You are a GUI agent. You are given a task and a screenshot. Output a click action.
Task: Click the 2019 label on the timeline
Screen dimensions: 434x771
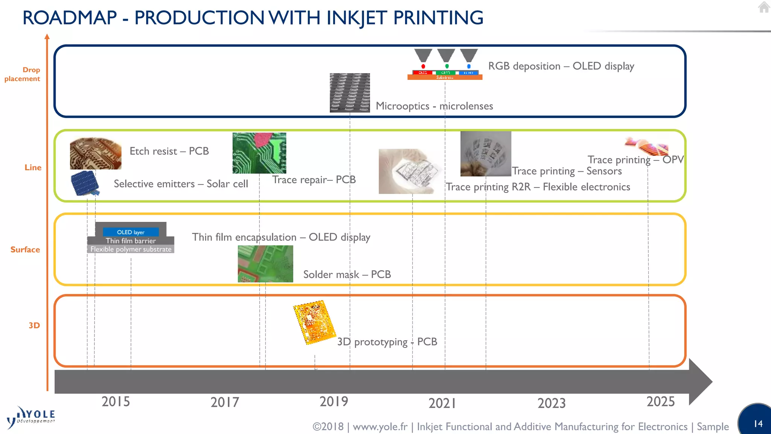click(x=334, y=402)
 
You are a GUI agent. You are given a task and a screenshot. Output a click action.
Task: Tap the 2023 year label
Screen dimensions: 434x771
click(x=551, y=403)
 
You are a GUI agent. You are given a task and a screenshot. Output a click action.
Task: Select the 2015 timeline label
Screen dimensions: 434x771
click(x=116, y=402)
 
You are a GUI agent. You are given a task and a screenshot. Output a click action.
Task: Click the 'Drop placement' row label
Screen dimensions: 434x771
click(x=23, y=74)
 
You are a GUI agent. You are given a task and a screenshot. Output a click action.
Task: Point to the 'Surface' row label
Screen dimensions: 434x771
click(x=25, y=249)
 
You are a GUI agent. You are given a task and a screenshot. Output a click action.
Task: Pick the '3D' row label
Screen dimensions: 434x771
click(x=34, y=325)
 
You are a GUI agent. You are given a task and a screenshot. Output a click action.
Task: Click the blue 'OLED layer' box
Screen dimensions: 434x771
click(x=131, y=232)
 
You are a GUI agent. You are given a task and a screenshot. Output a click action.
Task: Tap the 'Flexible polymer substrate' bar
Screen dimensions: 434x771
click(x=131, y=249)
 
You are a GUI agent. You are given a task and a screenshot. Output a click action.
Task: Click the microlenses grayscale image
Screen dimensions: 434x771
click(x=350, y=93)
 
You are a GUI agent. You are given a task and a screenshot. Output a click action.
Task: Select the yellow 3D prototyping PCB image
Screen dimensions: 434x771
click(x=314, y=322)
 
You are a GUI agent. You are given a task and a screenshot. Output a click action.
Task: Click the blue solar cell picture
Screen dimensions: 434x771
click(x=85, y=183)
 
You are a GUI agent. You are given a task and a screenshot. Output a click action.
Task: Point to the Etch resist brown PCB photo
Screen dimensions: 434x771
click(x=96, y=153)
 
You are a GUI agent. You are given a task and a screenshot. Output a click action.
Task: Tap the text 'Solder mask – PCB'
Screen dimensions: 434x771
click(x=347, y=274)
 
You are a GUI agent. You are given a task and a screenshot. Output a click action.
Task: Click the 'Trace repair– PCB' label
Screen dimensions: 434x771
click(x=314, y=180)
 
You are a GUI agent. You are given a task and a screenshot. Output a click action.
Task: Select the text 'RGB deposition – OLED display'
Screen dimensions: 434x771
click(x=561, y=66)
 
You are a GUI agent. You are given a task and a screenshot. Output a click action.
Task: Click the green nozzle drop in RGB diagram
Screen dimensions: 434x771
click(x=446, y=66)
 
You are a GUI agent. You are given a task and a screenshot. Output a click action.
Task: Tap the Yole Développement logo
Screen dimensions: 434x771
click(x=31, y=417)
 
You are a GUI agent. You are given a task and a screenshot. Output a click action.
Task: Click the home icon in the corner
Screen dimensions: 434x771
click(x=763, y=7)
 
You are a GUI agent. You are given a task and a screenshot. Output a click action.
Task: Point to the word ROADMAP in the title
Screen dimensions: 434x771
click(x=70, y=18)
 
